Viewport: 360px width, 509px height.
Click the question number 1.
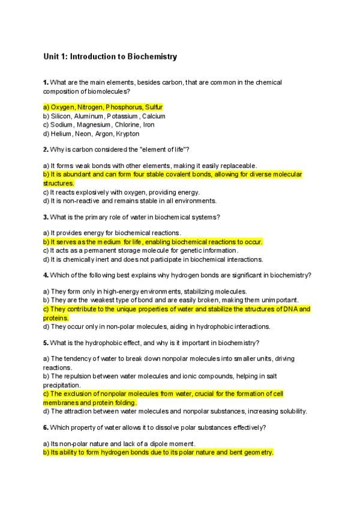(46, 82)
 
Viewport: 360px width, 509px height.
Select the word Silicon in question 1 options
(61, 116)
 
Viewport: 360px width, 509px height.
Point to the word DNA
(291, 309)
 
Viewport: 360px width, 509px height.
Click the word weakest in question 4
(104, 300)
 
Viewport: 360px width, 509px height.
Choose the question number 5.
(46, 343)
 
